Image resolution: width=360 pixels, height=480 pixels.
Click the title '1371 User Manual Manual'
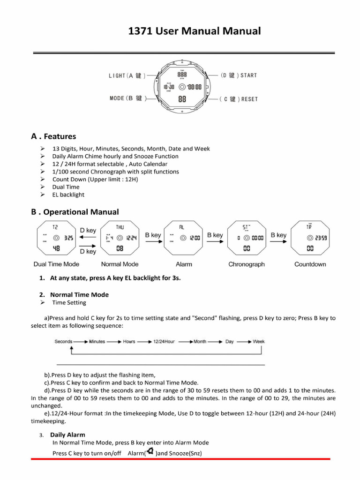tap(194, 31)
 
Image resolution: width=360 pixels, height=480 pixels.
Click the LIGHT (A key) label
tap(127, 75)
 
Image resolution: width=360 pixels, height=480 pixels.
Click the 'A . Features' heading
tap(53, 136)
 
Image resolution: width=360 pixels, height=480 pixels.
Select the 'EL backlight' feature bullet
tap(68, 195)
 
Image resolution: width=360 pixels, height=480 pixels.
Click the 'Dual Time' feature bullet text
tap(66, 187)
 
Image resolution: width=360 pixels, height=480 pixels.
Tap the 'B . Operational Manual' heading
tap(75, 212)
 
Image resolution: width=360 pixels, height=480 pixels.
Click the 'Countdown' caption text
tap(310, 264)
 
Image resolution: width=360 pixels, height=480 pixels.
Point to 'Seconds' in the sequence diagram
tap(63, 342)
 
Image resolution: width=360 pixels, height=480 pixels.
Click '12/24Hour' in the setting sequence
tap(164, 342)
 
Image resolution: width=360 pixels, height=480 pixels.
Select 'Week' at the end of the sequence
tap(259, 342)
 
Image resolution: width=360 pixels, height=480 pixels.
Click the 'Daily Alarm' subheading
tap(67, 435)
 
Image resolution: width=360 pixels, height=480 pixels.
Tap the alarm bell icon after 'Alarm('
tap(150, 452)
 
